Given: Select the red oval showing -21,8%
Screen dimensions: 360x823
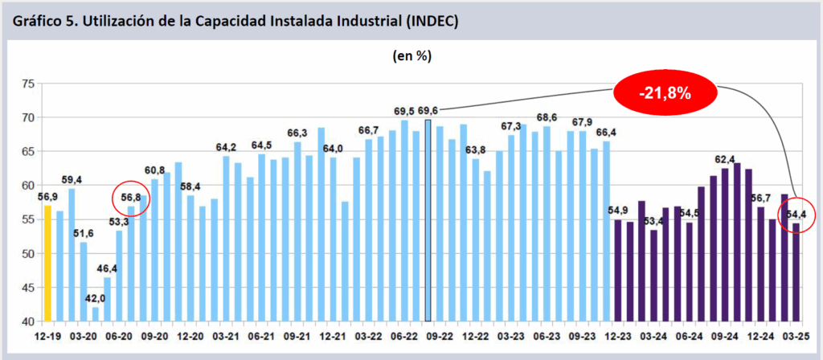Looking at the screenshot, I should pos(665,92).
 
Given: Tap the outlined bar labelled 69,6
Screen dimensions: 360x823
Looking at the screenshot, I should pos(428,221).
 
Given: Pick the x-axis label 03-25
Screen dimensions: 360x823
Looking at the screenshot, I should pos(795,337).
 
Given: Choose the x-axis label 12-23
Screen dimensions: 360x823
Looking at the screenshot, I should pos(618,337).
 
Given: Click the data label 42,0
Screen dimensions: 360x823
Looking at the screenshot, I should pos(96,297).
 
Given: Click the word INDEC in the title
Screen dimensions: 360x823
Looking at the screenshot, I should pos(430,22).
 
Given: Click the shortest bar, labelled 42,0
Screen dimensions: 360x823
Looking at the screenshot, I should pos(96,314).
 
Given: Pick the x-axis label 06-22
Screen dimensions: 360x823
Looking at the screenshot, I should pos(402,337).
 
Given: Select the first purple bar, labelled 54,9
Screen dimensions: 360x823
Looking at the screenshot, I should pos(618,271).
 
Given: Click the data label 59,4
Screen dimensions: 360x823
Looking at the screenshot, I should pos(72,179).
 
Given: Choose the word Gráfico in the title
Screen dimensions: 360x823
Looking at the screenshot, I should pos(39,22).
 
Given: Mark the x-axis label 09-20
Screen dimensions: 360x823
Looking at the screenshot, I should pos(155,337).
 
